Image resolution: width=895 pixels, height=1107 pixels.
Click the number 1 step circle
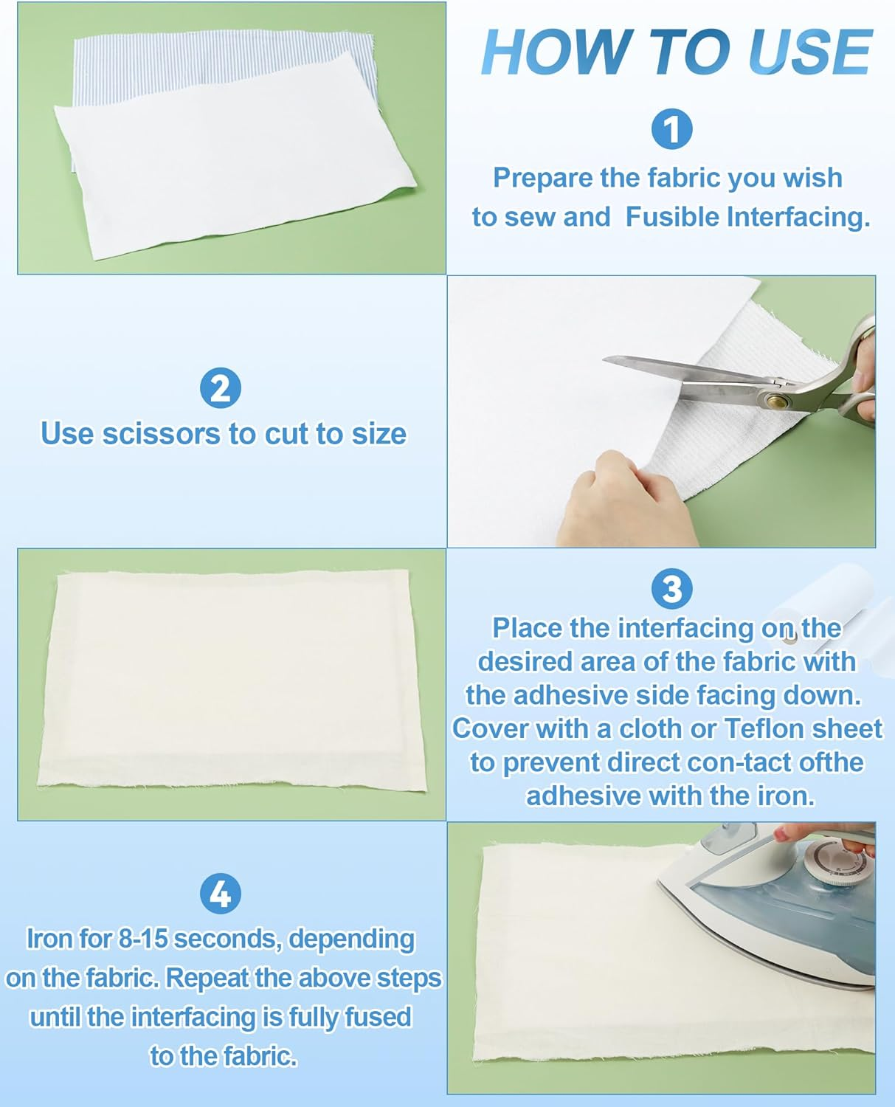[671, 129]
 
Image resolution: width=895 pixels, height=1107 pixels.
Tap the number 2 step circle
[220, 387]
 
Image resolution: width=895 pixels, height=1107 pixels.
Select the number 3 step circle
[671, 589]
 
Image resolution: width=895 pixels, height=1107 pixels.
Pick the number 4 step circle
[220, 894]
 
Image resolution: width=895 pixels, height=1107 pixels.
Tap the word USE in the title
[810, 52]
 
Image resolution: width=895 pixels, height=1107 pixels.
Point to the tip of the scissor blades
[604, 359]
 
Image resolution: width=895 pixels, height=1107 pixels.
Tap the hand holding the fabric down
[623, 499]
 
